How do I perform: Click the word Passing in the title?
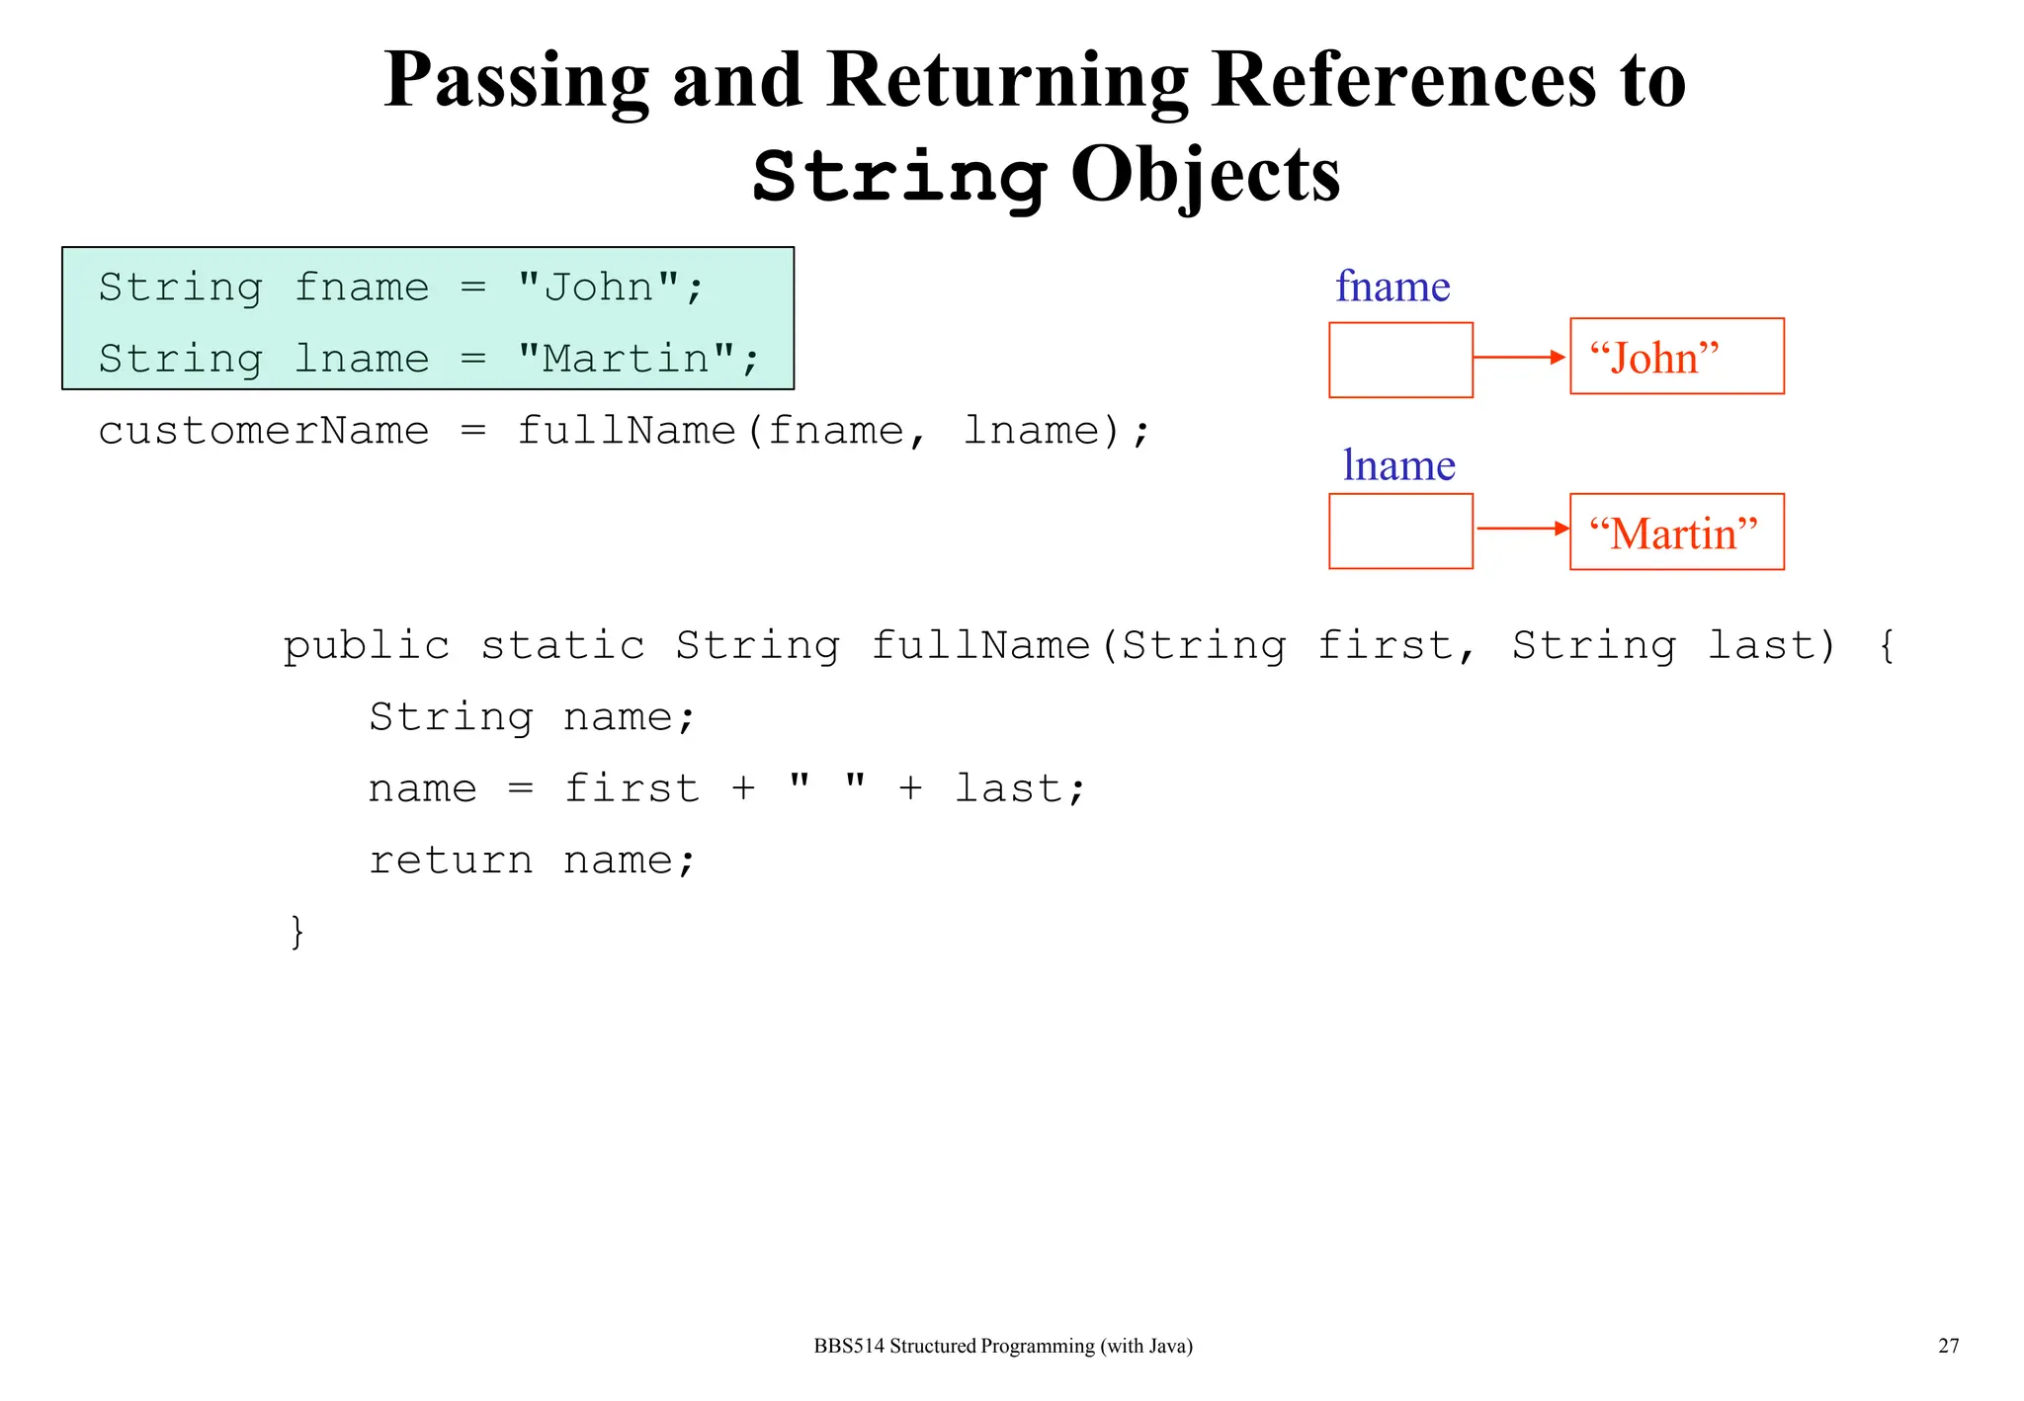tap(516, 81)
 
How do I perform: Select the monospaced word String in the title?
tap(898, 176)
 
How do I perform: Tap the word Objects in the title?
tap(1205, 174)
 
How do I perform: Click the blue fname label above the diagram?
tap(1392, 287)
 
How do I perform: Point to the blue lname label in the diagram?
tap(1398, 465)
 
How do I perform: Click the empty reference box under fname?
tap(1400, 360)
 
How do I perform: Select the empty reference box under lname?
tap(1400, 532)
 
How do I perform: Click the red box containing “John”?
tap(1676, 357)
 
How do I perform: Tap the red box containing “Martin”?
tap(1676, 532)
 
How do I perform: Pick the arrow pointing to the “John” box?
tap(1520, 357)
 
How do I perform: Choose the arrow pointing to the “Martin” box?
tap(1522, 529)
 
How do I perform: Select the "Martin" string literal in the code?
tap(627, 359)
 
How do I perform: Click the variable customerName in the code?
tap(264, 431)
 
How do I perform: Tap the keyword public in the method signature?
tap(367, 646)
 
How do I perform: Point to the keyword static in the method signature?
tap(562, 646)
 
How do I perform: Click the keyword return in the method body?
tap(451, 861)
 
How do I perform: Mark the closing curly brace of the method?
tap(296, 932)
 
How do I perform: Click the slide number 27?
tap(1948, 1346)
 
